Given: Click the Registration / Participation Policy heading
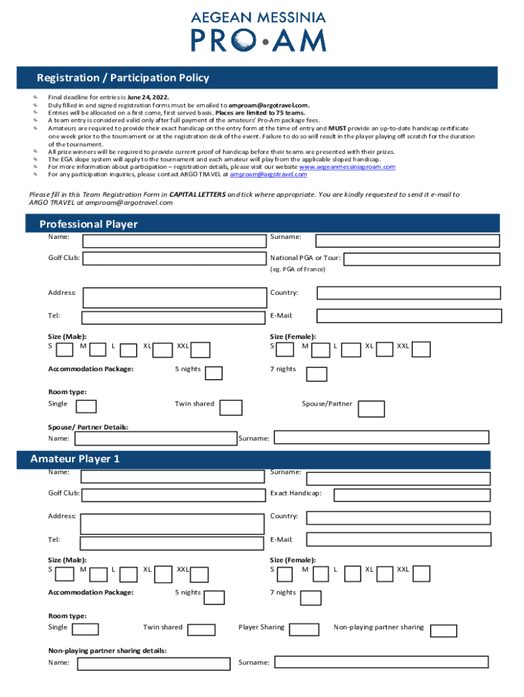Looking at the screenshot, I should click(122, 78).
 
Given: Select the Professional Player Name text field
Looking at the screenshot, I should click(174, 240).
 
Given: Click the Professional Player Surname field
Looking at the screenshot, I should click(408, 240).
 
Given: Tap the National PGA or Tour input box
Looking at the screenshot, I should click(422, 259).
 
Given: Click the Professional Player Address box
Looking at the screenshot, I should click(174, 297).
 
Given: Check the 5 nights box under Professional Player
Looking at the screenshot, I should click(214, 373).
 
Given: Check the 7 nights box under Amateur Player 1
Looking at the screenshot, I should click(310, 597).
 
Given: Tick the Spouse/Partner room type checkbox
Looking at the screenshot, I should click(371, 408).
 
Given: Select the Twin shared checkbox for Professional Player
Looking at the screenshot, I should click(231, 407).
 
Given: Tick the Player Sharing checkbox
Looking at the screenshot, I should click(304, 630).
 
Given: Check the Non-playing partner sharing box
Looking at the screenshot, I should click(444, 630).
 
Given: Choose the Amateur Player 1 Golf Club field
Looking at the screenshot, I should click(174, 495).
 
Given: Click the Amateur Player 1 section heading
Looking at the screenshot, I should click(75, 459).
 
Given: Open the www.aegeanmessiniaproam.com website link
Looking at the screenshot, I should click(347, 167).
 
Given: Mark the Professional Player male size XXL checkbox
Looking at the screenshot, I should click(200, 350).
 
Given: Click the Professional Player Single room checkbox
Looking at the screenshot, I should click(86, 406).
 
